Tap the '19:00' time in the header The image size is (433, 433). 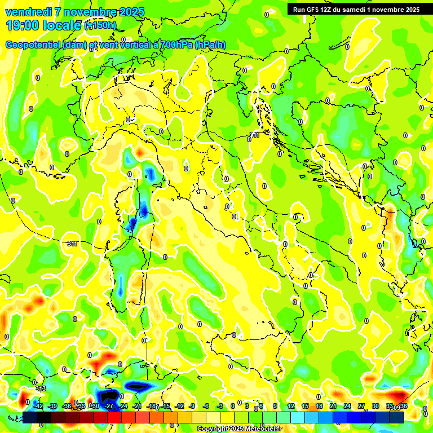click(x=23, y=25)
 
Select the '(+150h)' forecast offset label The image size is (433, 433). click(x=100, y=25)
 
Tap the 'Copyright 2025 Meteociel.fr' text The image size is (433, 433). click(x=239, y=429)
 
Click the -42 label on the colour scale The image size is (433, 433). click(x=38, y=406)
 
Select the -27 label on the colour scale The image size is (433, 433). click(x=109, y=406)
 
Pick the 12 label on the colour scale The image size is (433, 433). click(x=291, y=406)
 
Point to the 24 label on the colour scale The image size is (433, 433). click(x=347, y=406)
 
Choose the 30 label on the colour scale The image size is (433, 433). click(x=375, y=406)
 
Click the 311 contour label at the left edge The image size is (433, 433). click(x=72, y=244)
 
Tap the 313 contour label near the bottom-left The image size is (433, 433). click(x=40, y=389)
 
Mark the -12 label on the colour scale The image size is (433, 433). click(x=180, y=406)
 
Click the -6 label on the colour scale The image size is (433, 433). click(x=207, y=406)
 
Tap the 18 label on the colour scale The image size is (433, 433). click(x=319, y=406)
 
